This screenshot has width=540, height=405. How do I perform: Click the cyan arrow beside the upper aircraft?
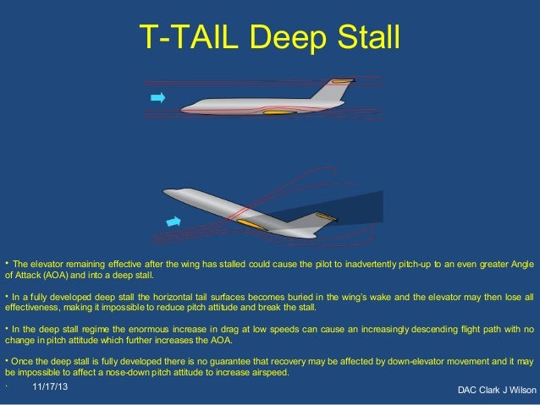[157, 99]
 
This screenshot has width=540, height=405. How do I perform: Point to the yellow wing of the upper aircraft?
[279, 111]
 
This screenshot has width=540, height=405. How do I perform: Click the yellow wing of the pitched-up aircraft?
[251, 225]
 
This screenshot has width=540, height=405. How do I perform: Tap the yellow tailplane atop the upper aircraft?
[341, 82]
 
